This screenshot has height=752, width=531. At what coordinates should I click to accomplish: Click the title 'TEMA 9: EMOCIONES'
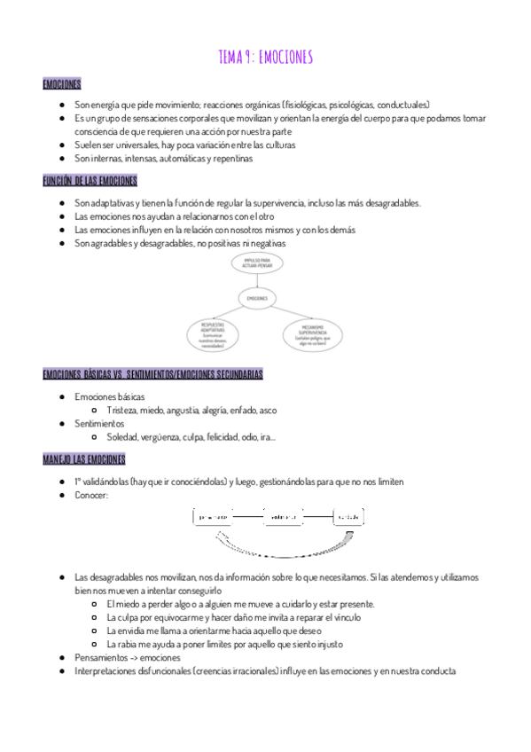(265, 58)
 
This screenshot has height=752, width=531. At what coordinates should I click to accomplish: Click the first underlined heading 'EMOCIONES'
(61, 84)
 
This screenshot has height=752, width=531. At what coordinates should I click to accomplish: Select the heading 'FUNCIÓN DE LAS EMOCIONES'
(90, 182)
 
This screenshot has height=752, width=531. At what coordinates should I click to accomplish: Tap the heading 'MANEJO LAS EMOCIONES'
(83, 459)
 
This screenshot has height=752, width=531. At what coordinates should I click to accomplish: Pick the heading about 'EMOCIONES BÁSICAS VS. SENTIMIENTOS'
(152, 374)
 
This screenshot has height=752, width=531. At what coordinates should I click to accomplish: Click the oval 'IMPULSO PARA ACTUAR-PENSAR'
(258, 263)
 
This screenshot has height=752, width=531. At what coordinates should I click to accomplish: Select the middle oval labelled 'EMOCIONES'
(258, 299)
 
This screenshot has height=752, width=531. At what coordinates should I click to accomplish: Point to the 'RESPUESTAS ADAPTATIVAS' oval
(213, 334)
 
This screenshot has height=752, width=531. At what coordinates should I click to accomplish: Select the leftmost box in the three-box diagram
(214, 516)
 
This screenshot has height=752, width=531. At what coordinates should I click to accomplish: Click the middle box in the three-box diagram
(283, 516)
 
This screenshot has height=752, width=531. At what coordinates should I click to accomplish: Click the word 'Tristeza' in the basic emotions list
(121, 411)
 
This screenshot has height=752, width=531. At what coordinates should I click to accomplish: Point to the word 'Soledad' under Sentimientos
(122, 437)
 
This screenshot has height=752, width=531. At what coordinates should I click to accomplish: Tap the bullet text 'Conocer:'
(92, 495)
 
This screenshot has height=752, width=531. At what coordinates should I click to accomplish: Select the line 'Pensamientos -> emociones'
(128, 658)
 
